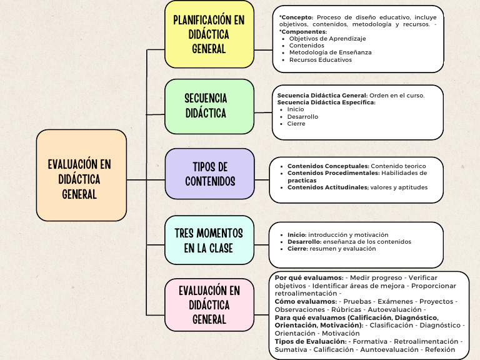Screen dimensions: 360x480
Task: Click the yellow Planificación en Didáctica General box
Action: (209, 34)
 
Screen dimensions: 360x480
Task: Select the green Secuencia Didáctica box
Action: (209, 106)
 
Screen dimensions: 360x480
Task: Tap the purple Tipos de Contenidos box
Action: (209, 174)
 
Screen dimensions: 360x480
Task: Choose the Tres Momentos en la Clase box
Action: (209, 240)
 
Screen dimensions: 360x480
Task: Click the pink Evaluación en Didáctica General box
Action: (209, 305)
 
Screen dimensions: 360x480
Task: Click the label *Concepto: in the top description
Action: (296, 17)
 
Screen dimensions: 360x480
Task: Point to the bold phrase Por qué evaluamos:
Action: (309, 277)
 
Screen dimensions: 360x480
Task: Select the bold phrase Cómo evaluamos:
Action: (306, 301)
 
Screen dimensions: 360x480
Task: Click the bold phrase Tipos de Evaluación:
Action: (311, 341)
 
